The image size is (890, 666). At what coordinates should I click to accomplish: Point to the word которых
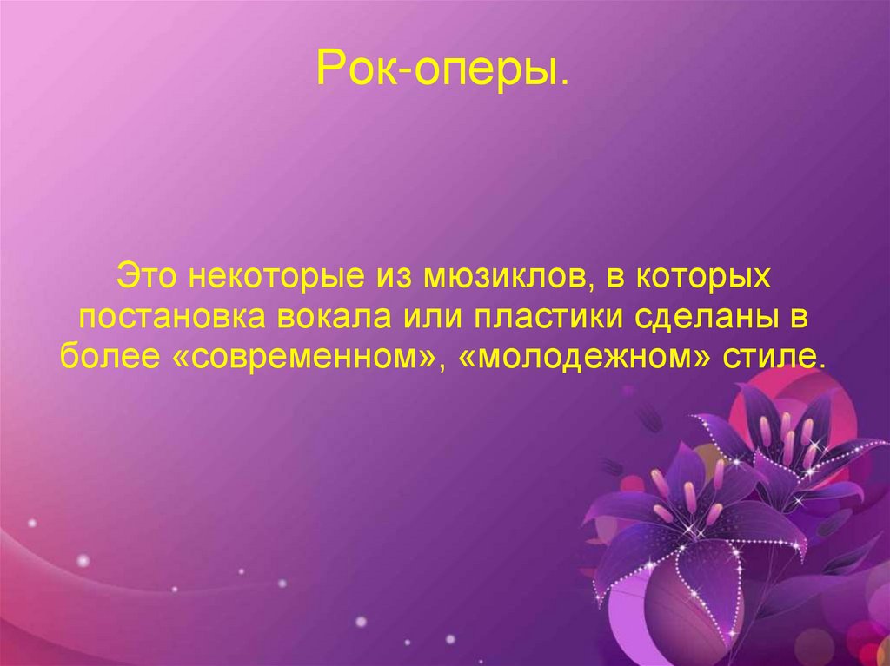[x=705, y=280]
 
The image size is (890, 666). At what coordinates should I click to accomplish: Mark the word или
[x=428, y=319]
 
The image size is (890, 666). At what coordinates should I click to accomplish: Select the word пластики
[x=547, y=319]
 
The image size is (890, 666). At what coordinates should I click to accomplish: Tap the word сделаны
[x=709, y=319]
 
